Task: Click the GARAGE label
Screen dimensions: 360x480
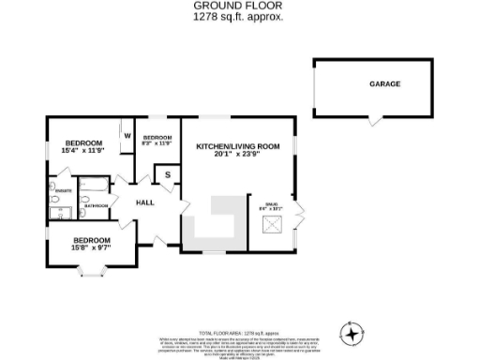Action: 383,84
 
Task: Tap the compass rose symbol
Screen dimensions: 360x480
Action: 352,333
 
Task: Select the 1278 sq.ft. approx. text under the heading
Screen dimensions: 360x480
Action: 238,17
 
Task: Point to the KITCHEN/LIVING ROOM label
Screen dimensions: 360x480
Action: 238,147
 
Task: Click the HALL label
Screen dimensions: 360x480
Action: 145,202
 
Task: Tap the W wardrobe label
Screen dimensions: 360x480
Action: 126,135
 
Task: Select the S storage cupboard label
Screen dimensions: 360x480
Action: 168,175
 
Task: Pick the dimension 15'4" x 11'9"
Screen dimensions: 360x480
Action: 82,151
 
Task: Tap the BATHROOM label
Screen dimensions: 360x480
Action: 97,205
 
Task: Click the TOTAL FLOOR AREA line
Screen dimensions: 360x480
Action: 239,333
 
